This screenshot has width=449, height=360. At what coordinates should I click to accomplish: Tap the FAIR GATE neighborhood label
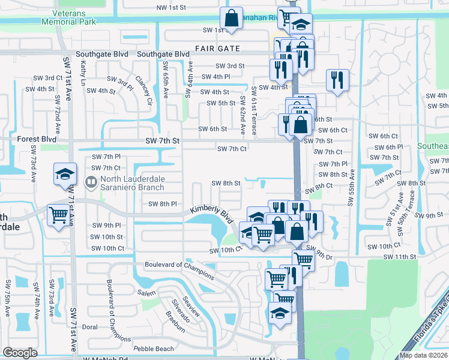[217, 49]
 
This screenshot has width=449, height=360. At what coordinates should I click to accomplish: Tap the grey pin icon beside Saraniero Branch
[91, 181]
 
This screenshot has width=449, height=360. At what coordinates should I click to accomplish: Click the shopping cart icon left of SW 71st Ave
[58, 214]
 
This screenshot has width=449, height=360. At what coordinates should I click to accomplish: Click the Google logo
[20, 353]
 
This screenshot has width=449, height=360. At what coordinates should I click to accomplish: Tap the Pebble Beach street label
[154, 349]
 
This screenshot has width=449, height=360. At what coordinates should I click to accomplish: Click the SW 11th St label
[402, 257]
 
